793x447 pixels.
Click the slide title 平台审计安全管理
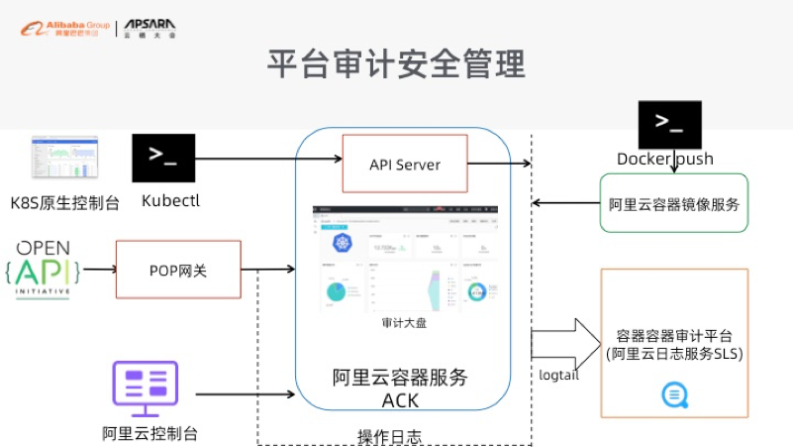click(x=396, y=65)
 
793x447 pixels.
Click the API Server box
click(x=404, y=164)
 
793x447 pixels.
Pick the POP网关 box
click(x=178, y=270)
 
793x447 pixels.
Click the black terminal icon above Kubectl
click(x=162, y=157)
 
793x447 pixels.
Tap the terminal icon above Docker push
click(x=669, y=124)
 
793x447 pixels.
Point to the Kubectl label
click(x=170, y=201)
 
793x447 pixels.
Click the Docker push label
click(x=664, y=159)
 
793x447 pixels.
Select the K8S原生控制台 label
click(x=65, y=203)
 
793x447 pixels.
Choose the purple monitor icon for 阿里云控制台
click(x=145, y=390)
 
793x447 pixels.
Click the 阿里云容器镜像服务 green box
click(x=673, y=204)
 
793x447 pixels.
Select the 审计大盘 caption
click(x=404, y=323)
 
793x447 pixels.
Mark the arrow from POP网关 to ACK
click(x=267, y=270)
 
